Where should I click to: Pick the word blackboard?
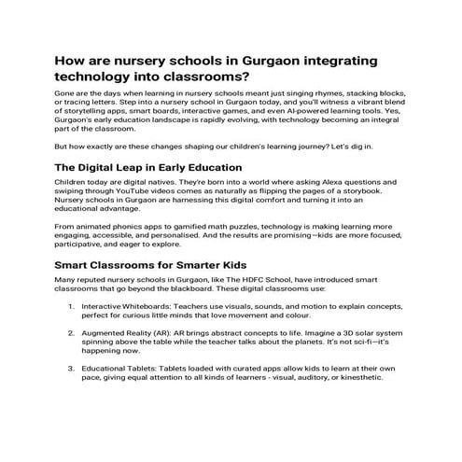pos(202,289)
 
